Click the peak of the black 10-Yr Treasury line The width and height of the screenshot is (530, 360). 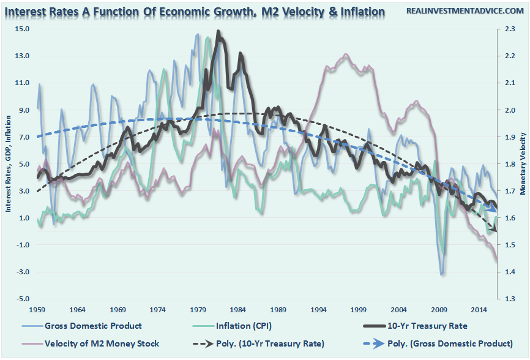pos(218,32)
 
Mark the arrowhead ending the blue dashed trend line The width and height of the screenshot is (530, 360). pos(494,209)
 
